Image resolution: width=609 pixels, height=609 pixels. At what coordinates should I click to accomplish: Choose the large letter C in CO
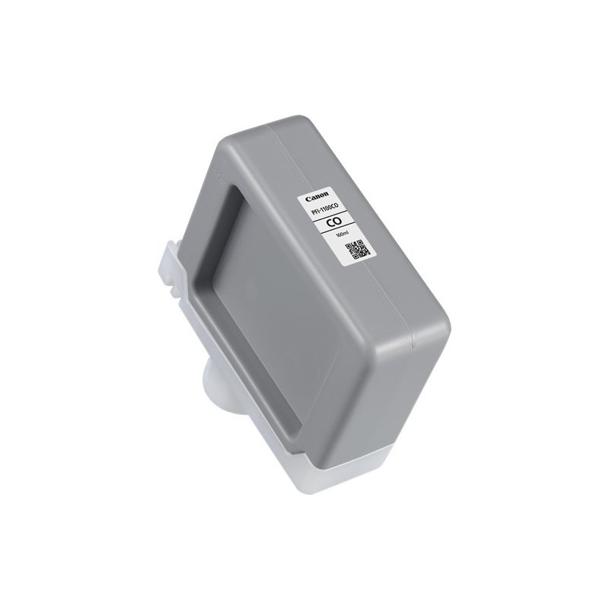click(329, 223)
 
